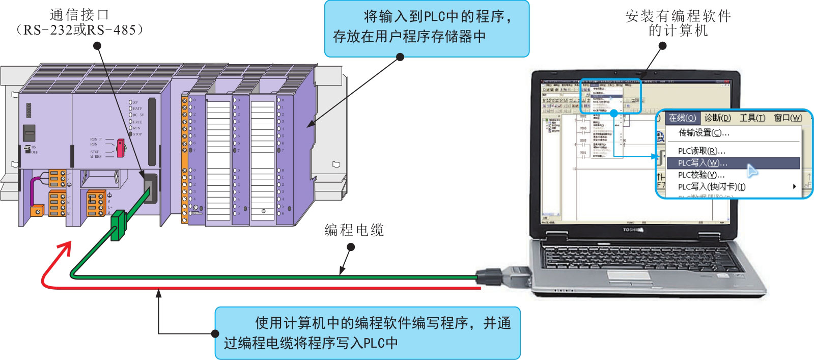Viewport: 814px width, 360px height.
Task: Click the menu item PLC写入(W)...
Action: pos(703,163)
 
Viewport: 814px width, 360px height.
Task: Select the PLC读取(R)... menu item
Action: pos(701,151)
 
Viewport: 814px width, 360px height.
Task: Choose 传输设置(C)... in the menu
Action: pos(704,133)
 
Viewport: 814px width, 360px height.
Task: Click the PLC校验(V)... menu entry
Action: pos(701,175)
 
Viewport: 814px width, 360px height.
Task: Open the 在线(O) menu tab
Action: pos(682,118)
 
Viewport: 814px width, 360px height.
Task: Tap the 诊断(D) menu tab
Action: pos(717,118)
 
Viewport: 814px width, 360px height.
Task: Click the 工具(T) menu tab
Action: pos(752,118)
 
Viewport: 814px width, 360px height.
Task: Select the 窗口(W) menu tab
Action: pos(788,118)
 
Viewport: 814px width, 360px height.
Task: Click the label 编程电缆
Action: pos(354,230)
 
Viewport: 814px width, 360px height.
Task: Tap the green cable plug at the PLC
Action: pos(119,225)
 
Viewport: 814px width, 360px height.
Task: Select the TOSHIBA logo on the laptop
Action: pos(633,230)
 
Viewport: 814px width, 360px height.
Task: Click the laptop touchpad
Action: pos(630,276)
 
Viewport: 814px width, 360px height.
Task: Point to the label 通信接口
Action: pos(79,14)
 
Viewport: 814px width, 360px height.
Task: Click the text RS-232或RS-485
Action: pos(79,30)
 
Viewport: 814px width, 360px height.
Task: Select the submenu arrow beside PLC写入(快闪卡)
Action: pos(794,187)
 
